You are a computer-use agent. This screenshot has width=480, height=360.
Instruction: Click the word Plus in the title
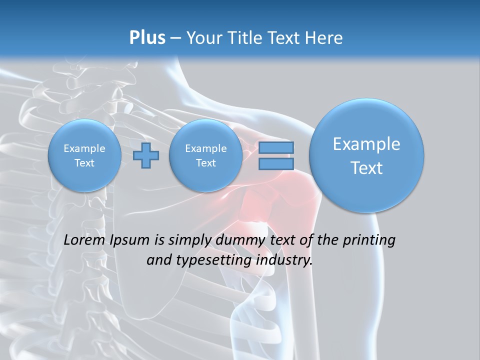point(147,38)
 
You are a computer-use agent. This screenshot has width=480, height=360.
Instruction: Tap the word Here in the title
point(324,38)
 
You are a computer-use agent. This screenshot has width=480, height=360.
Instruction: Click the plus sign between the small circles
point(146,155)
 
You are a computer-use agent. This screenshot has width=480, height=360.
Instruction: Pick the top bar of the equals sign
point(276,148)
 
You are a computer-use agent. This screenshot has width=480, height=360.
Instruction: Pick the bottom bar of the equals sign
point(276,163)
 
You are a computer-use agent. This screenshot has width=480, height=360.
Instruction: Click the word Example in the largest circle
point(366,144)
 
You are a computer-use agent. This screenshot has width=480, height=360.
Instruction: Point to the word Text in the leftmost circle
point(84,163)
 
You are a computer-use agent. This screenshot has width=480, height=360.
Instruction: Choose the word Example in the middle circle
point(205,148)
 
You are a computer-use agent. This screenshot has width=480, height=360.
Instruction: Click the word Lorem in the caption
point(84,240)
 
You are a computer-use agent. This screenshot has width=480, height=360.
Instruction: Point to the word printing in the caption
point(368,240)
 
